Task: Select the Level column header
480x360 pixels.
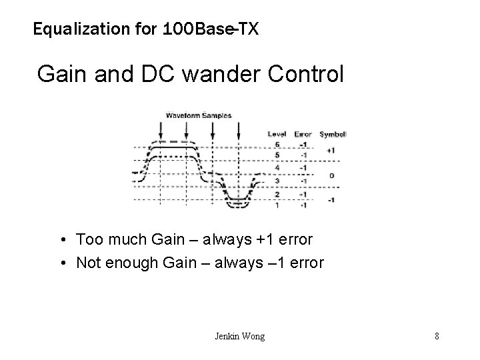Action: click(277, 134)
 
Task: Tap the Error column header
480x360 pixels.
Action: click(303, 134)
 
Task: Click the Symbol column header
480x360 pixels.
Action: click(331, 134)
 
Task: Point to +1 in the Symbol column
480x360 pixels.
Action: click(331, 150)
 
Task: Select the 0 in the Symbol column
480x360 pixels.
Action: click(331, 175)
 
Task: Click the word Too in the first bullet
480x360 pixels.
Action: click(88, 239)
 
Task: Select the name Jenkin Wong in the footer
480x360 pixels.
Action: click(239, 336)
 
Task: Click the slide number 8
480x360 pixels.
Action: click(437, 336)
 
